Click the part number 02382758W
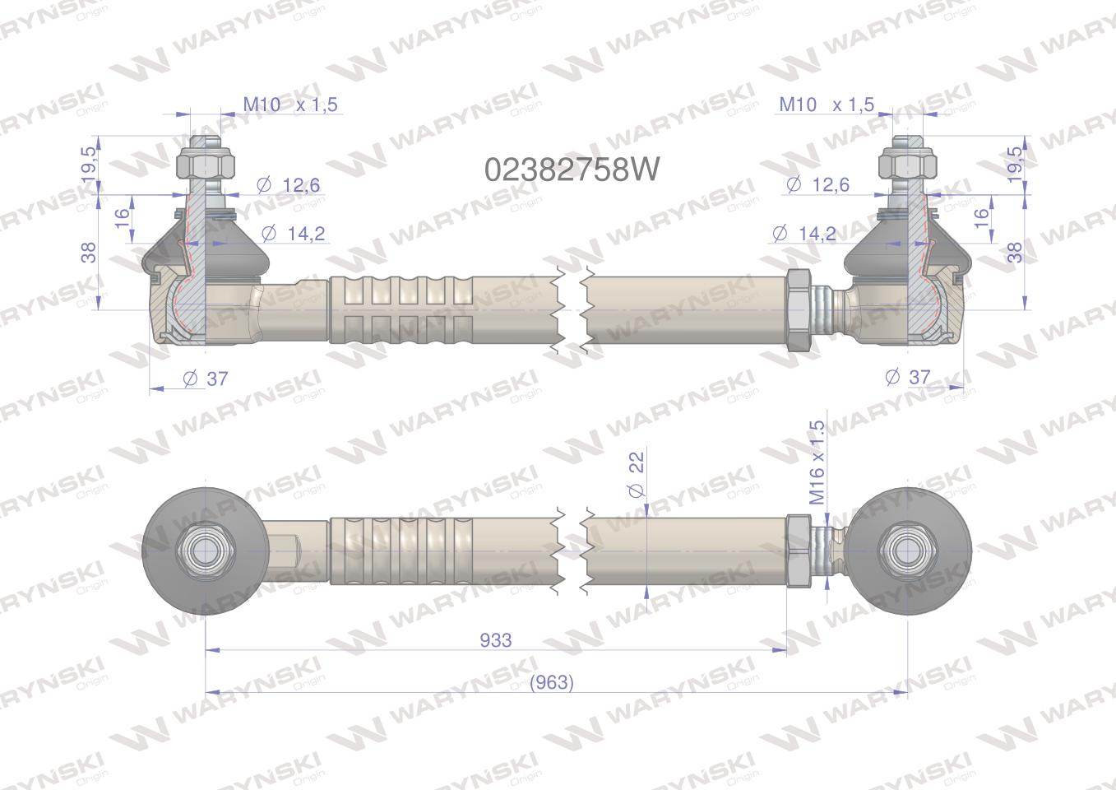point(572,170)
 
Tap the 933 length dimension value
point(496,640)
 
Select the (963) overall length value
point(552,682)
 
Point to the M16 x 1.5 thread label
point(817,462)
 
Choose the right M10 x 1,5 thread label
point(827,105)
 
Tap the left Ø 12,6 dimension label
point(288,185)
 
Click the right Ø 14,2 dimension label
point(803,233)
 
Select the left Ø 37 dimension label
point(206,379)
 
